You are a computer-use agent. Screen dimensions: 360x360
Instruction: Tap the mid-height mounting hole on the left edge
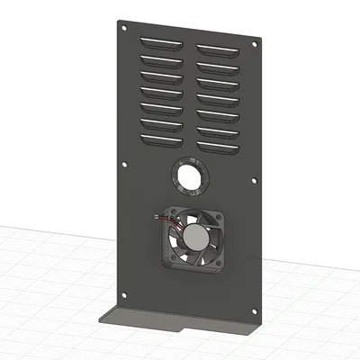click(x=122, y=164)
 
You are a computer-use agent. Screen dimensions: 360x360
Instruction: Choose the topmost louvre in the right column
click(x=220, y=50)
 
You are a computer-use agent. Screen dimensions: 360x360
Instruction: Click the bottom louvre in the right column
click(x=220, y=147)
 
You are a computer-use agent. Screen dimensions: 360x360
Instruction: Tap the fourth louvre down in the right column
click(x=220, y=98)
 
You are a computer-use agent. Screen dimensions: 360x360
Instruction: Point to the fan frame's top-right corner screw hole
click(x=218, y=221)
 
